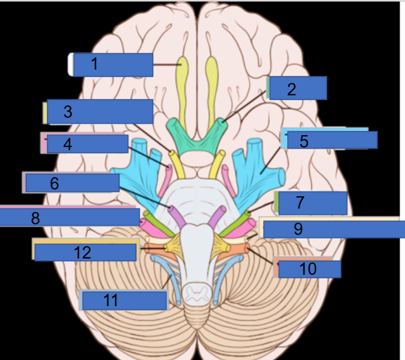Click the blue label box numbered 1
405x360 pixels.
[x=113, y=64]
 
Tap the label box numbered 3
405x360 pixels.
[x=100, y=112]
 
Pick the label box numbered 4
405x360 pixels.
[x=88, y=144]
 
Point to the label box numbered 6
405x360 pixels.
[x=72, y=183]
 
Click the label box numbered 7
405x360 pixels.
[x=312, y=203]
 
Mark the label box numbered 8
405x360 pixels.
[x=70, y=217]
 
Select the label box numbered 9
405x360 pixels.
[x=333, y=229]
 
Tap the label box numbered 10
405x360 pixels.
[x=310, y=269]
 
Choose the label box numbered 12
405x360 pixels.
[x=86, y=252]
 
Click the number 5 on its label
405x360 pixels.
[x=303, y=141]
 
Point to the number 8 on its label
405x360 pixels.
[x=35, y=218]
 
